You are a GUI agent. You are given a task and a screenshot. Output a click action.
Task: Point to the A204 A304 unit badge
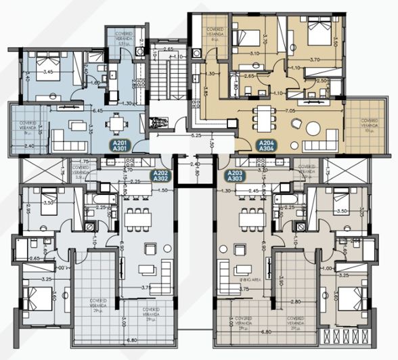267,145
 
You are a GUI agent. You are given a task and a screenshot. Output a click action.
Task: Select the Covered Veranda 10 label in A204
369,124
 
